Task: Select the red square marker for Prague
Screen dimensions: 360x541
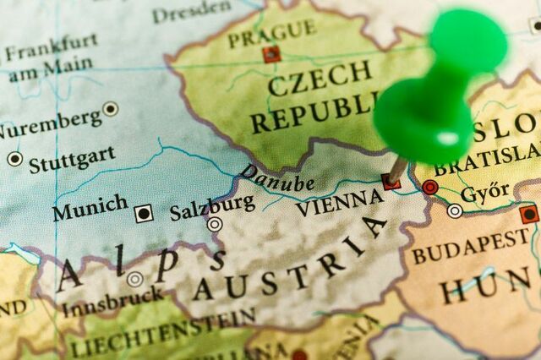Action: pos(271,55)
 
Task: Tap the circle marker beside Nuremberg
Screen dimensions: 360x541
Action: pos(111,108)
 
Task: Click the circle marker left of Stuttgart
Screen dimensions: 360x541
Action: pos(14,158)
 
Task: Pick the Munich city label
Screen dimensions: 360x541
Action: pos(90,206)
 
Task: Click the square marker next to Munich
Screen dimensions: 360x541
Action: pos(145,213)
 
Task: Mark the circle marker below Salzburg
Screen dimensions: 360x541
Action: pos(216,224)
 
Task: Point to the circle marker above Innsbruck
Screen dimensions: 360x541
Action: pos(134,279)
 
